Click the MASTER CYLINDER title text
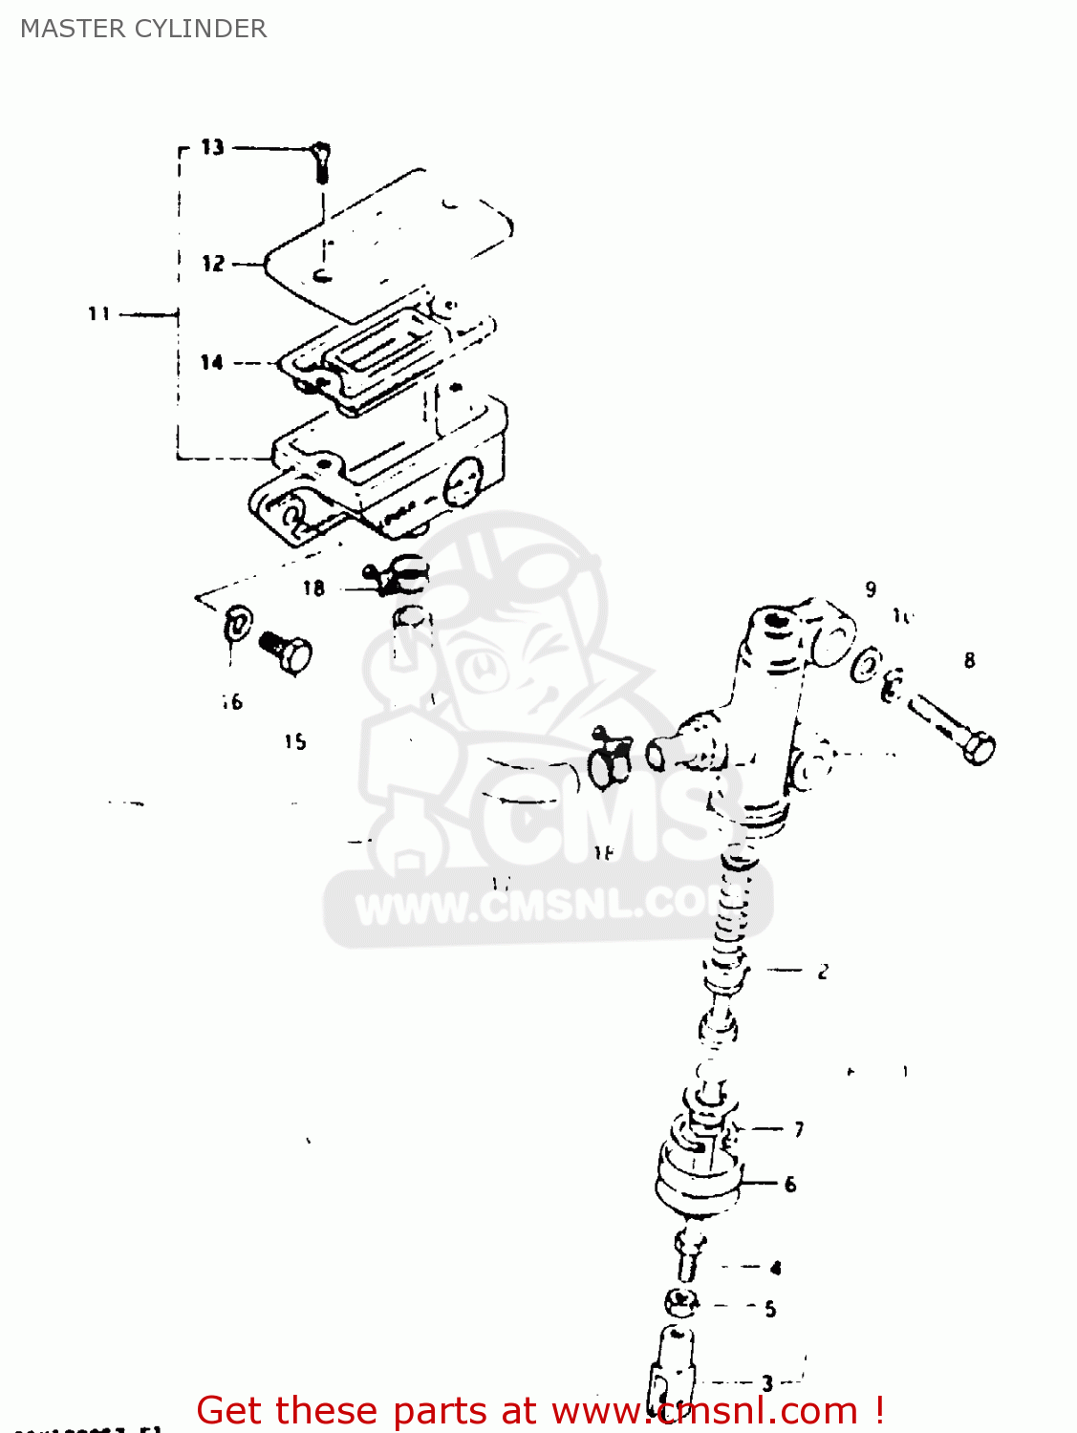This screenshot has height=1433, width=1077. [143, 29]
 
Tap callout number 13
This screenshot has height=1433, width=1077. [212, 147]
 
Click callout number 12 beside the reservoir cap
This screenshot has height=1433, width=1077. [213, 264]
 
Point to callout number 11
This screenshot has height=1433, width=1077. [99, 313]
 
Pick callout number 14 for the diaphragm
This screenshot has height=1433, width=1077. [212, 362]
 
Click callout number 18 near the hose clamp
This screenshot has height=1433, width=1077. [313, 588]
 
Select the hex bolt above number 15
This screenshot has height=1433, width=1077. [288, 653]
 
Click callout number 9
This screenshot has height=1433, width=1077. [871, 589]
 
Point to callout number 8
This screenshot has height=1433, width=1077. [970, 660]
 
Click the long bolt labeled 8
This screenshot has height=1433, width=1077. [951, 730]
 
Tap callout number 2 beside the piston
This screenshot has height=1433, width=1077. [823, 973]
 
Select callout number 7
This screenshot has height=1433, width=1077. [799, 1129]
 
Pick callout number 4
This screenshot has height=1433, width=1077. [775, 1269]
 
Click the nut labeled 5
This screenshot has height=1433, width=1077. [680, 1303]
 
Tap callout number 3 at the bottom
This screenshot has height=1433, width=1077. [767, 1382]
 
